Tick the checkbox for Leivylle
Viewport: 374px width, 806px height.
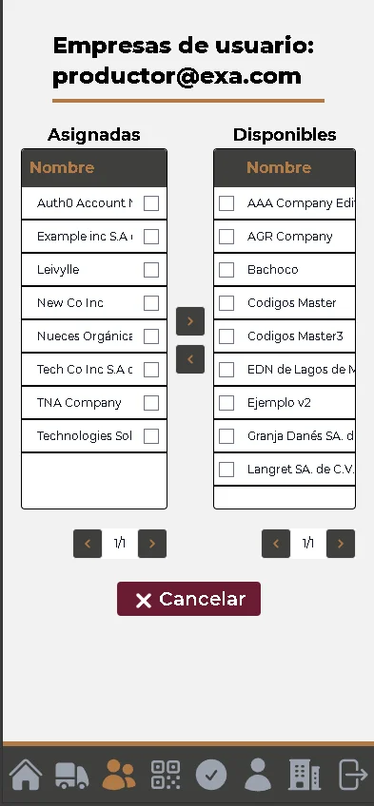coord(151,270)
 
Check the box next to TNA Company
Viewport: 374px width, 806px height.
coord(151,403)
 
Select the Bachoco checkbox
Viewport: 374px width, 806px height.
coord(226,270)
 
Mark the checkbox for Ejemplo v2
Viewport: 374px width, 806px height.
coord(226,403)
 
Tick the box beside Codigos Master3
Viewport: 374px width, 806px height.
coord(226,336)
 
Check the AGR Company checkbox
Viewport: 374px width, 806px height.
coord(226,237)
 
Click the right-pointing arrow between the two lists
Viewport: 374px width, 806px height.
coord(190,321)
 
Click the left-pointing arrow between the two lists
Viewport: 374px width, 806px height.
coord(190,359)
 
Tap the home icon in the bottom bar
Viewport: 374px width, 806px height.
coord(26,774)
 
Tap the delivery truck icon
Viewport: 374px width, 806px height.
coord(72,775)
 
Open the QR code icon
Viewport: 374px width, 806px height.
coord(166,775)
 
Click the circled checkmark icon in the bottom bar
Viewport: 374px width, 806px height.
coord(211,775)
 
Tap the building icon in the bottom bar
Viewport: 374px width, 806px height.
coord(305,775)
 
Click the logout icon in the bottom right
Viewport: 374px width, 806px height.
coord(352,775)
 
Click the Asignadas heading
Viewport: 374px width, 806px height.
coord(94,135)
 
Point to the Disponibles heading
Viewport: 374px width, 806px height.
coord(285,135)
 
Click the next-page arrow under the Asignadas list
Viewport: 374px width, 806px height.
coord(152,544)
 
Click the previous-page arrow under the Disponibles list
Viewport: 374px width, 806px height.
coord(276,544)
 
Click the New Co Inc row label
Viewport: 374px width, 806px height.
coord(70,303)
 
